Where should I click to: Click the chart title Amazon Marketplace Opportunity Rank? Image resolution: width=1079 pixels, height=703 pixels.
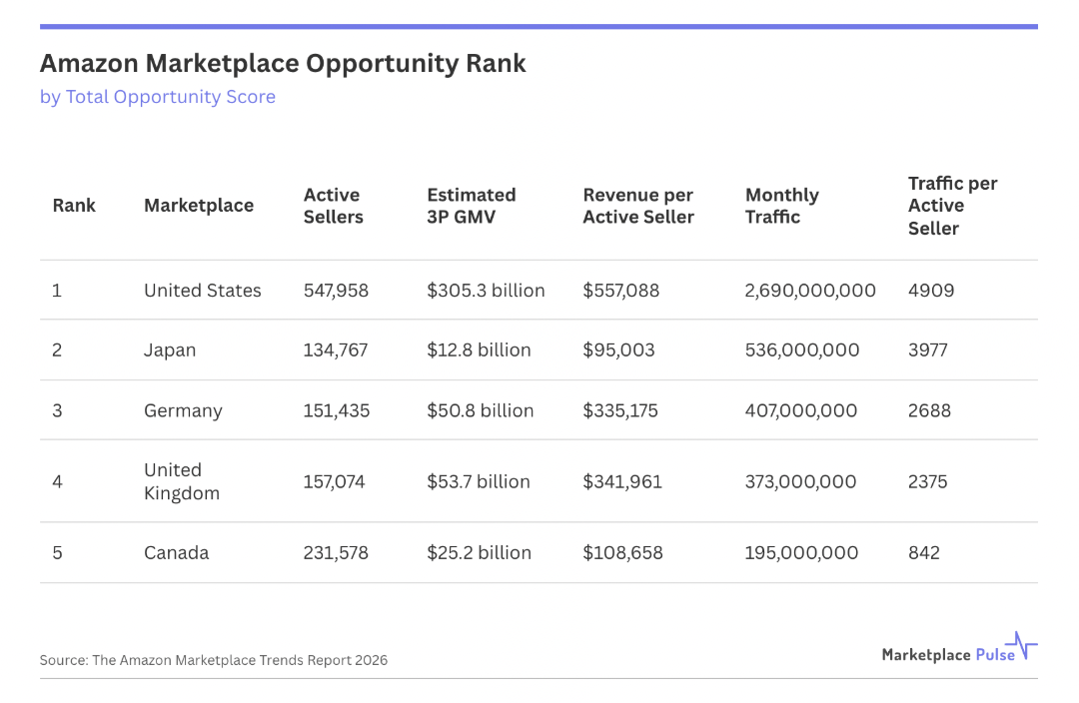coord(283,64)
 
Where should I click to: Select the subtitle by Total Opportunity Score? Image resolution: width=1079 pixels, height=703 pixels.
coord(158,97)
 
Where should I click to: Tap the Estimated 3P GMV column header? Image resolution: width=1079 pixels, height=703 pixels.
coord(472,206)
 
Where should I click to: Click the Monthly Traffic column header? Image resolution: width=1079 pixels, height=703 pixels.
coord(782,206)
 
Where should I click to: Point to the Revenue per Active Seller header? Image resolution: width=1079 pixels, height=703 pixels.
coord(638,206)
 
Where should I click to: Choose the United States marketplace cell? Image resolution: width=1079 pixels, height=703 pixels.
coord(203,291)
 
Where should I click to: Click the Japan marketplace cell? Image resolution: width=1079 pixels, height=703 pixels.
coord(170,351)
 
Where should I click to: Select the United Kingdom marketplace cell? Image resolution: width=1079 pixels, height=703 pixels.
coord(182,481)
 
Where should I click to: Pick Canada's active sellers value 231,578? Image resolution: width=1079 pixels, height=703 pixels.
coord(336,553)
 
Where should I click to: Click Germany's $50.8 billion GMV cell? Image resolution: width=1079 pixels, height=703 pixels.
coord(481,410)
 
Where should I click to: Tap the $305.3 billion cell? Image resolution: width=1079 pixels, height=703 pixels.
coord(486,291)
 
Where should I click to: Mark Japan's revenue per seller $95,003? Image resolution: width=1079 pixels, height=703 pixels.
coord(620,351)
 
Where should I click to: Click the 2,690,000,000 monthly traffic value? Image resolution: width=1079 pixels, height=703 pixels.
coord(810,291)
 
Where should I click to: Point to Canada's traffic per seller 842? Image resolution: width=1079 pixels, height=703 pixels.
coord(924,553)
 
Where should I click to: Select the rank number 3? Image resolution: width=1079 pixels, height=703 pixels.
coord(58,410)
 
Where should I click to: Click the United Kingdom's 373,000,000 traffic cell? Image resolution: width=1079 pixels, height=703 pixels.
coord(800,481)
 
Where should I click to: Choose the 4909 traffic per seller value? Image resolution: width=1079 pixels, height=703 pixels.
coord(931,291)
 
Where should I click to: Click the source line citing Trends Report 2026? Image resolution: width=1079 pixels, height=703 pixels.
coord(214,660)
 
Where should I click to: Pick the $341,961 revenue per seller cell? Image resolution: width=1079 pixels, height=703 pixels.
coord(622,481)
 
